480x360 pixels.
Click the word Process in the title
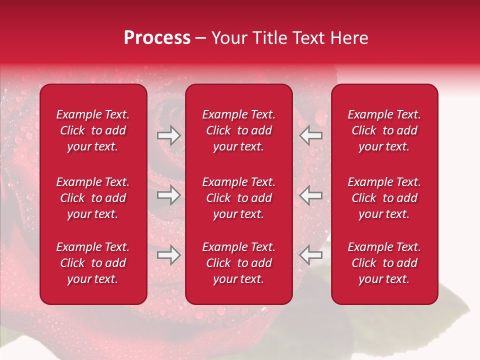pyautogui.click(x=157, y=38)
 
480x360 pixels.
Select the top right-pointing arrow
pyautogui.click(x=168, y=135)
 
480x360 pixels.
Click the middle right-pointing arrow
pyautogui.click(x=168, y=195)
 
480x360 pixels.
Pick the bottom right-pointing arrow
pyautogui.click(x=168, y=255)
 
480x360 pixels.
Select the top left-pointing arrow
pyautogui.click(x=311, y=135)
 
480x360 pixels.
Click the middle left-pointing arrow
pyautogui.click(x=311, y=195)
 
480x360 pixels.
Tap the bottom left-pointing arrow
pyautogui.click(x=311, y=255)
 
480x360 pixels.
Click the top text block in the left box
pyautogui.click(x=93, y=130)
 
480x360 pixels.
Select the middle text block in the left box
pyautogui.click(x=93, y=198)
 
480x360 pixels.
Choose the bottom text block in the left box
pyautogui.click(x=93, y=263)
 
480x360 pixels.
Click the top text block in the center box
pyautogui.click(x=238, y=130)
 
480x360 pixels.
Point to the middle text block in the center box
pyautogui.click(x=238, y=198)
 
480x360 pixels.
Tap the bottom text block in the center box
pyautogui.click(x=238, y=263)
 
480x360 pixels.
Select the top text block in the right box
pyautogui.click(x=384, y=130)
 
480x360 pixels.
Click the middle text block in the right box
pyautogui.click(x=384, y=198)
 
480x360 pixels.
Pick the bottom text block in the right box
pyautogui.click(x=384, y=263)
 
